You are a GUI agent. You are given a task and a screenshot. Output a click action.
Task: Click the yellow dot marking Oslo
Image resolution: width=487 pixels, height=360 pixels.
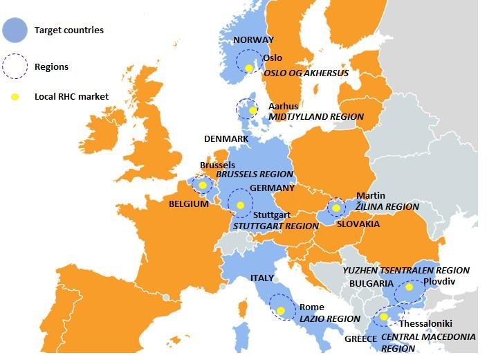tap(249, 68)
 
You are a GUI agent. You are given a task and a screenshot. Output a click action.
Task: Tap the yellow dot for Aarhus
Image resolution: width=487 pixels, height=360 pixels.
tap(253, 110)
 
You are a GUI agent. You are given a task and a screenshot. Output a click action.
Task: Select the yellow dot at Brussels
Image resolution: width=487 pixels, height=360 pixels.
tap(203, 185)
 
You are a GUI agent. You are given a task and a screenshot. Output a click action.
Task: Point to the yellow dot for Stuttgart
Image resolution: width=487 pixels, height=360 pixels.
tap(240, 205)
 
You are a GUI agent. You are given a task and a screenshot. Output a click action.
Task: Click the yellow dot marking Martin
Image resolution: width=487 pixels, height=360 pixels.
tap(336, 207)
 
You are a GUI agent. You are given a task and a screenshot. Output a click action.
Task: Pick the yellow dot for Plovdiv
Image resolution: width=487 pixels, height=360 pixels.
tap(409, 287)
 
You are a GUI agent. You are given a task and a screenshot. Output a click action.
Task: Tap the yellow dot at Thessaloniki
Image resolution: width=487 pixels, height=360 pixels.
tap(384, 317)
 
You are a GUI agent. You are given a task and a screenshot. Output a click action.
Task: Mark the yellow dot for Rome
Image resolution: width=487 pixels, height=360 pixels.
tap(281, 310)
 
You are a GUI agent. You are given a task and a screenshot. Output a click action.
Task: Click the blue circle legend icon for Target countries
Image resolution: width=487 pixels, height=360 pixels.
tap(15, 30)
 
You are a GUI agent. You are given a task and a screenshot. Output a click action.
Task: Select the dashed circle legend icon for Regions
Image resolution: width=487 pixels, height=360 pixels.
tap(15, 66)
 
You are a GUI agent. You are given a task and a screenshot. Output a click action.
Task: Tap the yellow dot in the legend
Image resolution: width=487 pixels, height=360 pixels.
tap(15, 97)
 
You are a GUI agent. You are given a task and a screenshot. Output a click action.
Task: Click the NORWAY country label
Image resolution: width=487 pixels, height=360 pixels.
tap(253, 40)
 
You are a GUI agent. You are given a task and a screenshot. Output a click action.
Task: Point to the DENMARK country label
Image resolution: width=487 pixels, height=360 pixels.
tap(226, 139)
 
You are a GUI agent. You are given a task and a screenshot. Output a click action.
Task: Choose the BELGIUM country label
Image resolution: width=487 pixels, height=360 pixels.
tap(189, 204)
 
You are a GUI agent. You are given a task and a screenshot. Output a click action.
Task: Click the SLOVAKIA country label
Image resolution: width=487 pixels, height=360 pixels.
tap(358, 224)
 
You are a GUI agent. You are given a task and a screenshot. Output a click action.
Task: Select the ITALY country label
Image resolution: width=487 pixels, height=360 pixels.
tap(262, 278)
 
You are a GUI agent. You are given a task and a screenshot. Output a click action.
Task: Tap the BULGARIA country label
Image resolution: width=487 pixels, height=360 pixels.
tap(371, 284)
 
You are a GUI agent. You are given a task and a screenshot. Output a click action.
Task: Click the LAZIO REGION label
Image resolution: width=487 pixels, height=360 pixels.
tap(329, 319)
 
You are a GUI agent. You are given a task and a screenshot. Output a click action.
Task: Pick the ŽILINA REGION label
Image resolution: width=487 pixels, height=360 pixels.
tap(387, 206)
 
